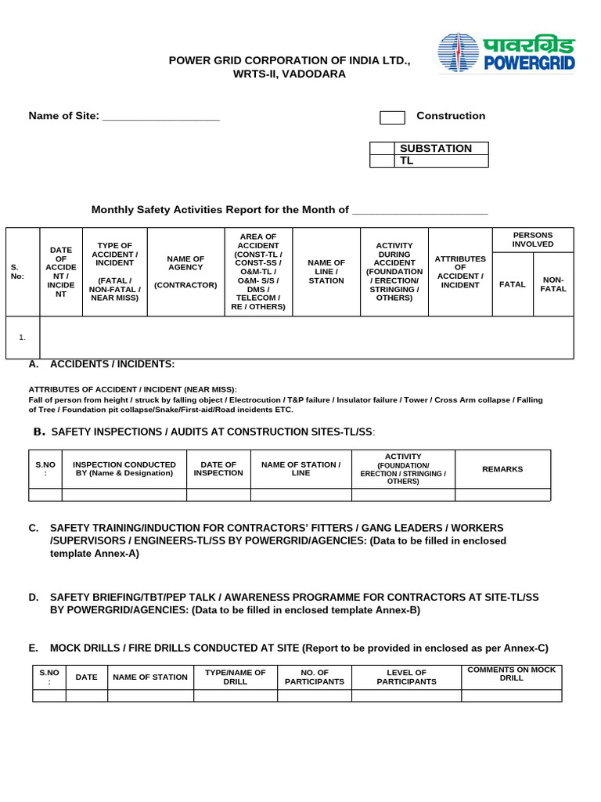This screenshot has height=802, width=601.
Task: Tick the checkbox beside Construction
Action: pos(392,117)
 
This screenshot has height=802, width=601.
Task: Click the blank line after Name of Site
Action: pos(161,117)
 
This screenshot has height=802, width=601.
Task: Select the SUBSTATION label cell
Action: pos(442,148)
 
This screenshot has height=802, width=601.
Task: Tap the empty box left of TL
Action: pos(382,161)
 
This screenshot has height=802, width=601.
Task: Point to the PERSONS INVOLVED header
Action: pos(532,240)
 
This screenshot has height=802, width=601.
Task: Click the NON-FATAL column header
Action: pos(552,284)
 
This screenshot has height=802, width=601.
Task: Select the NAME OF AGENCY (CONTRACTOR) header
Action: pos(185,272)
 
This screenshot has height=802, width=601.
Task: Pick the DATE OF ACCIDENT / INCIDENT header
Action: pos(60,272)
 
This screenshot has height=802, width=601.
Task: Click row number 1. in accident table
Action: pos(23,338)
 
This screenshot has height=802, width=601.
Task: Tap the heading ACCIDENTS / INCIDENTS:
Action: pos(112,364)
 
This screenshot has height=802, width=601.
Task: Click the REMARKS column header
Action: pos(502,469)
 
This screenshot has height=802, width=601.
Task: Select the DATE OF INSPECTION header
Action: pos(218,469)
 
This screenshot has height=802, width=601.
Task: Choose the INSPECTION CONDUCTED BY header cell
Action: pos(124,469)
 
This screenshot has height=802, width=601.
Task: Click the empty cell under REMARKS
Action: pos(502,494)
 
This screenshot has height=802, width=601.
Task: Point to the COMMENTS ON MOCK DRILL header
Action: pos(511,674)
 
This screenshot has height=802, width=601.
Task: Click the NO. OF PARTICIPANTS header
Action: pos(315,677)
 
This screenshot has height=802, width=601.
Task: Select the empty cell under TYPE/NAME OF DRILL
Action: pos(235,695)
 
